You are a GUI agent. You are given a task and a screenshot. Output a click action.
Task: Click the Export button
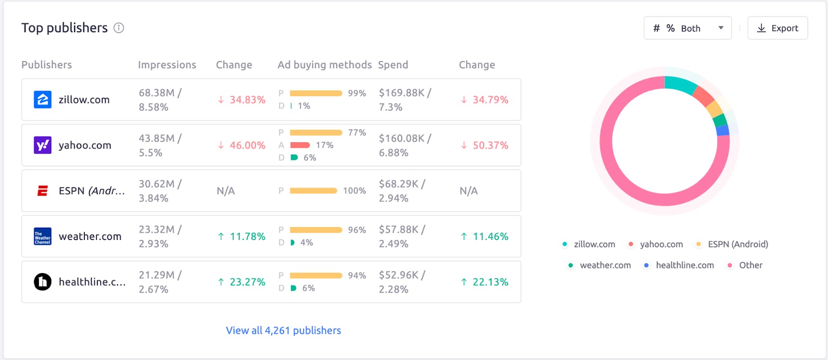(x=777, y=28)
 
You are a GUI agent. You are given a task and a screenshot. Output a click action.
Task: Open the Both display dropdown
(x=687, y=28)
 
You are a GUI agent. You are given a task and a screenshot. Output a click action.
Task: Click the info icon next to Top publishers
(x=119, y=28)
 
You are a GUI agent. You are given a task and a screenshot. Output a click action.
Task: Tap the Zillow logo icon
(x=42, y=100)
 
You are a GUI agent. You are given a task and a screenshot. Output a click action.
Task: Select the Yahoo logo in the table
(x=42, y=145)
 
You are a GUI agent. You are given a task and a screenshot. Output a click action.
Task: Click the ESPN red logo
(x=42, y=191)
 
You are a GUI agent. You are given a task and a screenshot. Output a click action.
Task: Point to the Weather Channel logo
(x=42, y=236)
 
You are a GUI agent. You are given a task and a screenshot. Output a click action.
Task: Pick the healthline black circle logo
(x=42, y=282)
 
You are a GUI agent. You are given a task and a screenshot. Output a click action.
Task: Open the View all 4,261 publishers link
(x=283, y=331)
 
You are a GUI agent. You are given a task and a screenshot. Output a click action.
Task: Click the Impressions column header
(x=167, y=65)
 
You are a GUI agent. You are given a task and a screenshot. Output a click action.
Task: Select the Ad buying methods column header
(x=324, y=65)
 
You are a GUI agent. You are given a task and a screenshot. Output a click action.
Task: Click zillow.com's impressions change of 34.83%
(x=242, y=100)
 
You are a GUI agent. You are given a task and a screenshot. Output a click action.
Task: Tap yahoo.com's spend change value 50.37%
(x=484, y=145)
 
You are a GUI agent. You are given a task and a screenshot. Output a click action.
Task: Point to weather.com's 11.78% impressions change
(x=242, y=236)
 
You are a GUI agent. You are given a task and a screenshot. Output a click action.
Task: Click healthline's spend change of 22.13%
(x=484, y=282)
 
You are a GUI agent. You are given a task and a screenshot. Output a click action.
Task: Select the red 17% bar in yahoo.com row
(x=300, y=145)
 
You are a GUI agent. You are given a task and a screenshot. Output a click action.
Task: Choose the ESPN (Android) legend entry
(x=737, y=244)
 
